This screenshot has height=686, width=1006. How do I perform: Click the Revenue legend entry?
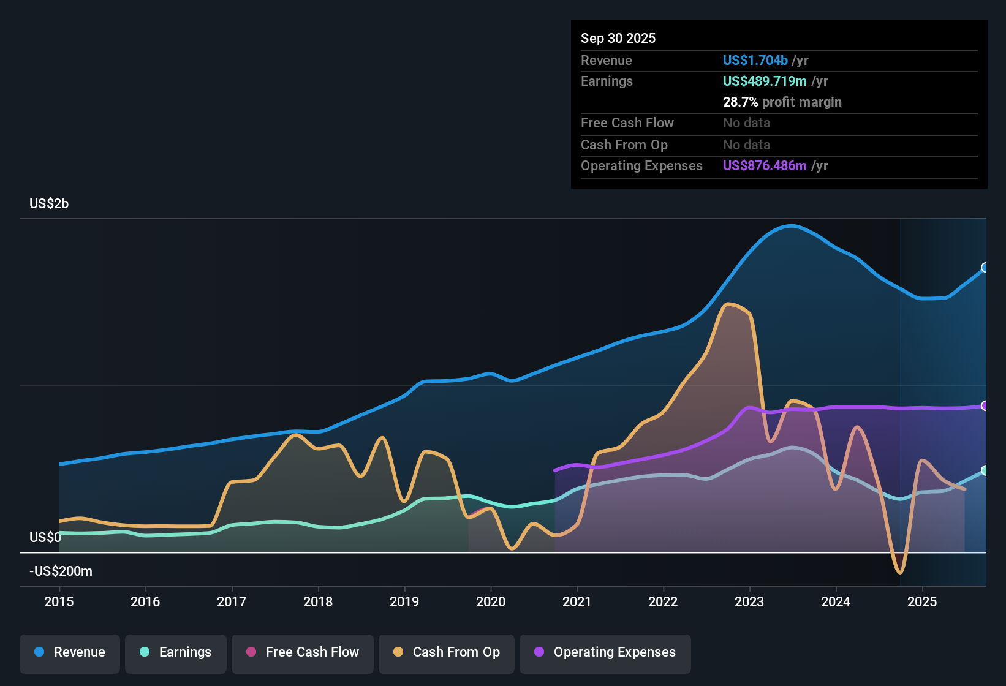[x=70, y=652]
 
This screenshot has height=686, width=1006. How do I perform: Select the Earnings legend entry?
[x=176, y=652]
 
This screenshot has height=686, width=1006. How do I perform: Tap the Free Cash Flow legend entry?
[x=303, y=652]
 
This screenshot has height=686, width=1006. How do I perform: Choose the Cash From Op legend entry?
[x=447, y=652]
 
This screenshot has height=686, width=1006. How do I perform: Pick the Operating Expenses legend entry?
[x=605, y=652]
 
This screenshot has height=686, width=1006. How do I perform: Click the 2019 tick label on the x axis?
[x=404, y=601]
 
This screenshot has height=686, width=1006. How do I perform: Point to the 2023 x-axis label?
[x=749, y=601]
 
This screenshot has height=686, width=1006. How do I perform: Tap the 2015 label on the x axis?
[x=59, y=601]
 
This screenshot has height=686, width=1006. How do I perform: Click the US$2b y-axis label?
[x=49, y=204]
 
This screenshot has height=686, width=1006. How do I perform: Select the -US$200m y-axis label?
[x=61, y=571]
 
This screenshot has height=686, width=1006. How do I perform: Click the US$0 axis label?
[x=45, y=538]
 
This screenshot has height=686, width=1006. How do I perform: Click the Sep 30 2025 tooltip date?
[x=618, y=39]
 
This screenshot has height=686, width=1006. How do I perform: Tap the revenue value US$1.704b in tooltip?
[x=755, y=61]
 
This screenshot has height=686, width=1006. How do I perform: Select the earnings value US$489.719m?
[x=764, y=81]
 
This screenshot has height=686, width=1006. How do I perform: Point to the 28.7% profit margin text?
[x=782, y=102]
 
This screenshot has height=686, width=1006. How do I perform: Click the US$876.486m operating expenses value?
[x=764, y=166]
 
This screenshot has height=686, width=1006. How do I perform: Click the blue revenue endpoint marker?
[x=985, y=268]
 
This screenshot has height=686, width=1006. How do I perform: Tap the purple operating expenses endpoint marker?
[x=985, y=406]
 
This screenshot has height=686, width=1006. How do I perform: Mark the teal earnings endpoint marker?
[x=985, y=470]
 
